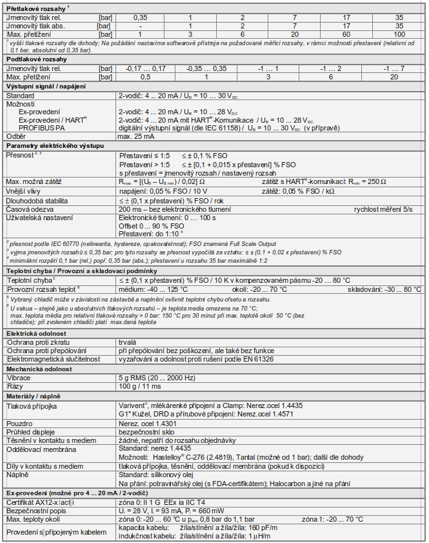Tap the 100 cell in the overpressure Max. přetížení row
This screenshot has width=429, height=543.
tap(399, 33)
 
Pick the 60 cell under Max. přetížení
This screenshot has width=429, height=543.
tap(347, 33)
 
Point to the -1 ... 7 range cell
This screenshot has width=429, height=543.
tap(393, 68)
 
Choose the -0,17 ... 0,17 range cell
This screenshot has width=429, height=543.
tap(146, 68)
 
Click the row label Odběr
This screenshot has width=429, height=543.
tap(16, 136)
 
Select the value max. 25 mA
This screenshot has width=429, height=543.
tap(138, 136)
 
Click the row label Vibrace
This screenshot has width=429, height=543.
tap(19, 377)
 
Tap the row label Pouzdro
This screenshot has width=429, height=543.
tap(20, 422)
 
